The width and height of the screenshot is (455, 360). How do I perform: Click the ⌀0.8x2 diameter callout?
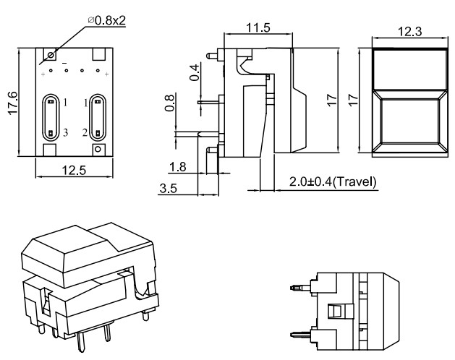point(106,20)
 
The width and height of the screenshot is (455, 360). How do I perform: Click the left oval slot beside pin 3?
point(51,117)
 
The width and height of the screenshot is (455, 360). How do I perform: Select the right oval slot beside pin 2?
point(98,117)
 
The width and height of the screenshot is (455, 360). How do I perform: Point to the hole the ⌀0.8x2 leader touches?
point(51,54)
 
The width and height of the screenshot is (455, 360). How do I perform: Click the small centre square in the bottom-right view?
point(334,311)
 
